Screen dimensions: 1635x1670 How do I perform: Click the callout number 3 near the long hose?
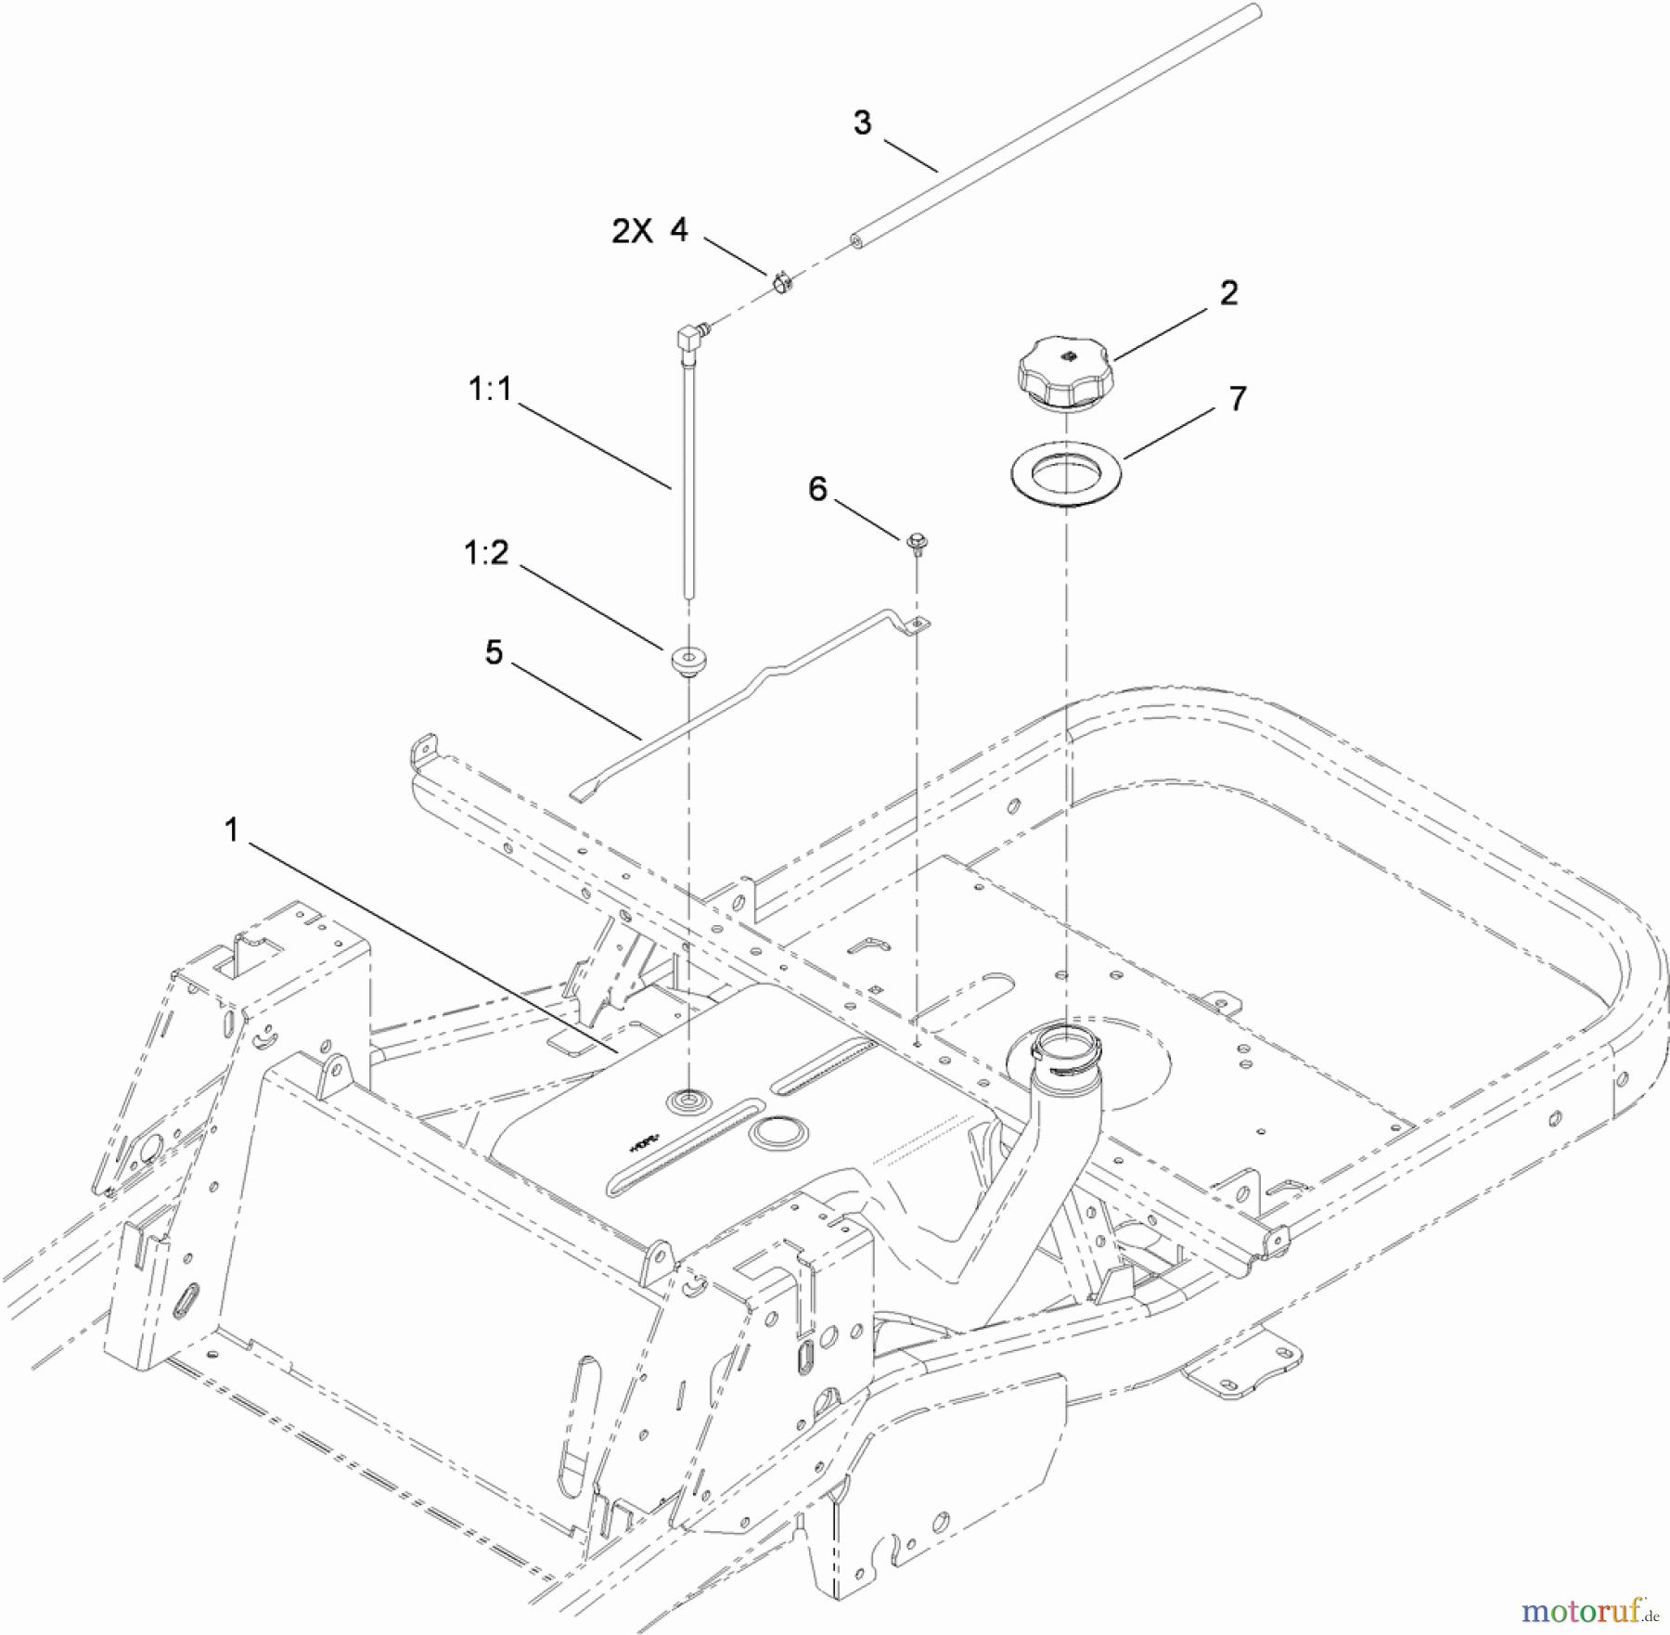tap(862, 122)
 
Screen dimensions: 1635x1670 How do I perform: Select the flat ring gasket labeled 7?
tap(1066, 473)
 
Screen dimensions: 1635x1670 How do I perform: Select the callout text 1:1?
tap(489, 390)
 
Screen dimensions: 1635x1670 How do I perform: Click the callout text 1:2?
tap(486, 553)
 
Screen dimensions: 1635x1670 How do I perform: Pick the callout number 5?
tap(494, 652)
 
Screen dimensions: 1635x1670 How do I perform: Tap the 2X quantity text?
tap(632, 232)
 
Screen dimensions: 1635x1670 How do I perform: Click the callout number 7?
tap(1237, 399)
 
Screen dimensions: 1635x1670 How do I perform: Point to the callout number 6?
tap(817, 489)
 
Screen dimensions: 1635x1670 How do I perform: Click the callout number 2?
tap(1228, 293)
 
